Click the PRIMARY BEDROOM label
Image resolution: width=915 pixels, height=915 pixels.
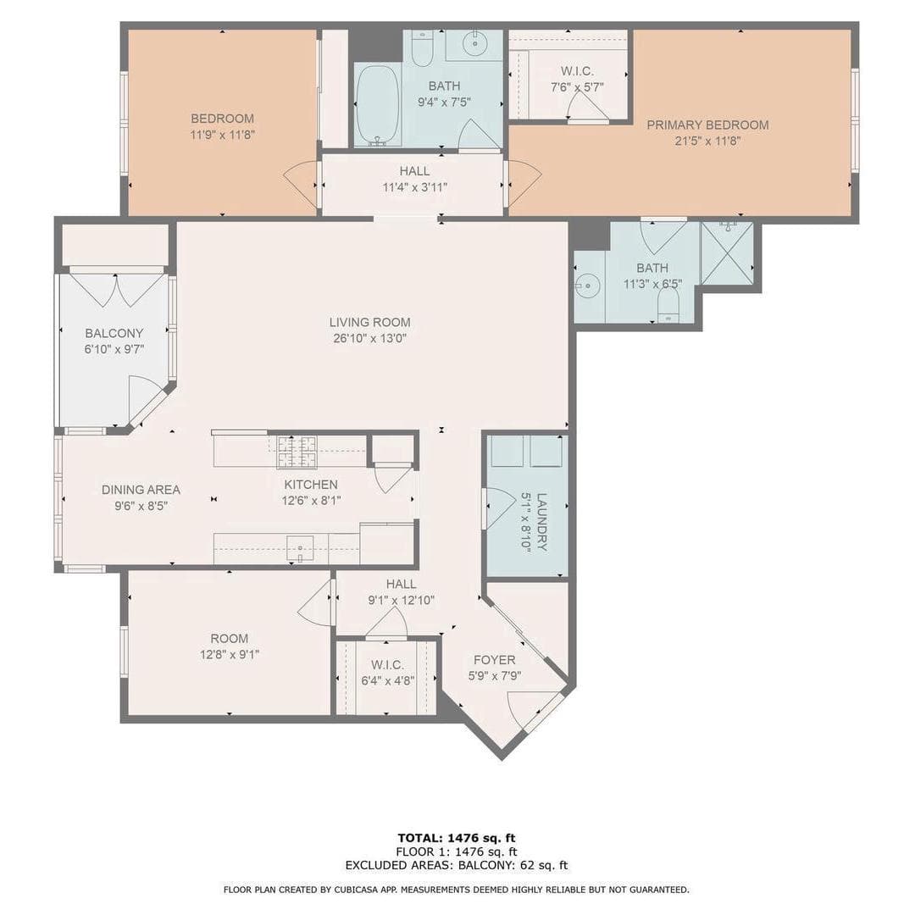tap(707, 125)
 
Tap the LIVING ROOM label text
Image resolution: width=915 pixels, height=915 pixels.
tap(369, 322)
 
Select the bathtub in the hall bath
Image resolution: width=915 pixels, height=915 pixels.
tap(377, 105)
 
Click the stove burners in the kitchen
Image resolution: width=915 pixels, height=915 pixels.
tap(297, 452)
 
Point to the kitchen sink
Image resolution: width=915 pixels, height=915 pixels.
tap(300, 549)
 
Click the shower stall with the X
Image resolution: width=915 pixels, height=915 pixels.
tap(727, 252)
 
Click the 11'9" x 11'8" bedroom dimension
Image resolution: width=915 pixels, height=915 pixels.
tap(222, 135)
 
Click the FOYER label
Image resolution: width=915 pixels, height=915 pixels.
tap(494, 660)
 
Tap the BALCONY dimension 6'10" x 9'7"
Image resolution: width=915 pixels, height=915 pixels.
tap(114, 350)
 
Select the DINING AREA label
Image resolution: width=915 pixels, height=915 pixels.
tap(141, 490)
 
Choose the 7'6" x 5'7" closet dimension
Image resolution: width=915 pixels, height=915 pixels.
tap(577, 87)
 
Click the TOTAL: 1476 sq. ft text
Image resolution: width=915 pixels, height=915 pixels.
tap(457, 839)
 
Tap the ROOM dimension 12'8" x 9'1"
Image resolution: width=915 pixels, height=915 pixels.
tap(230, 655)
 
